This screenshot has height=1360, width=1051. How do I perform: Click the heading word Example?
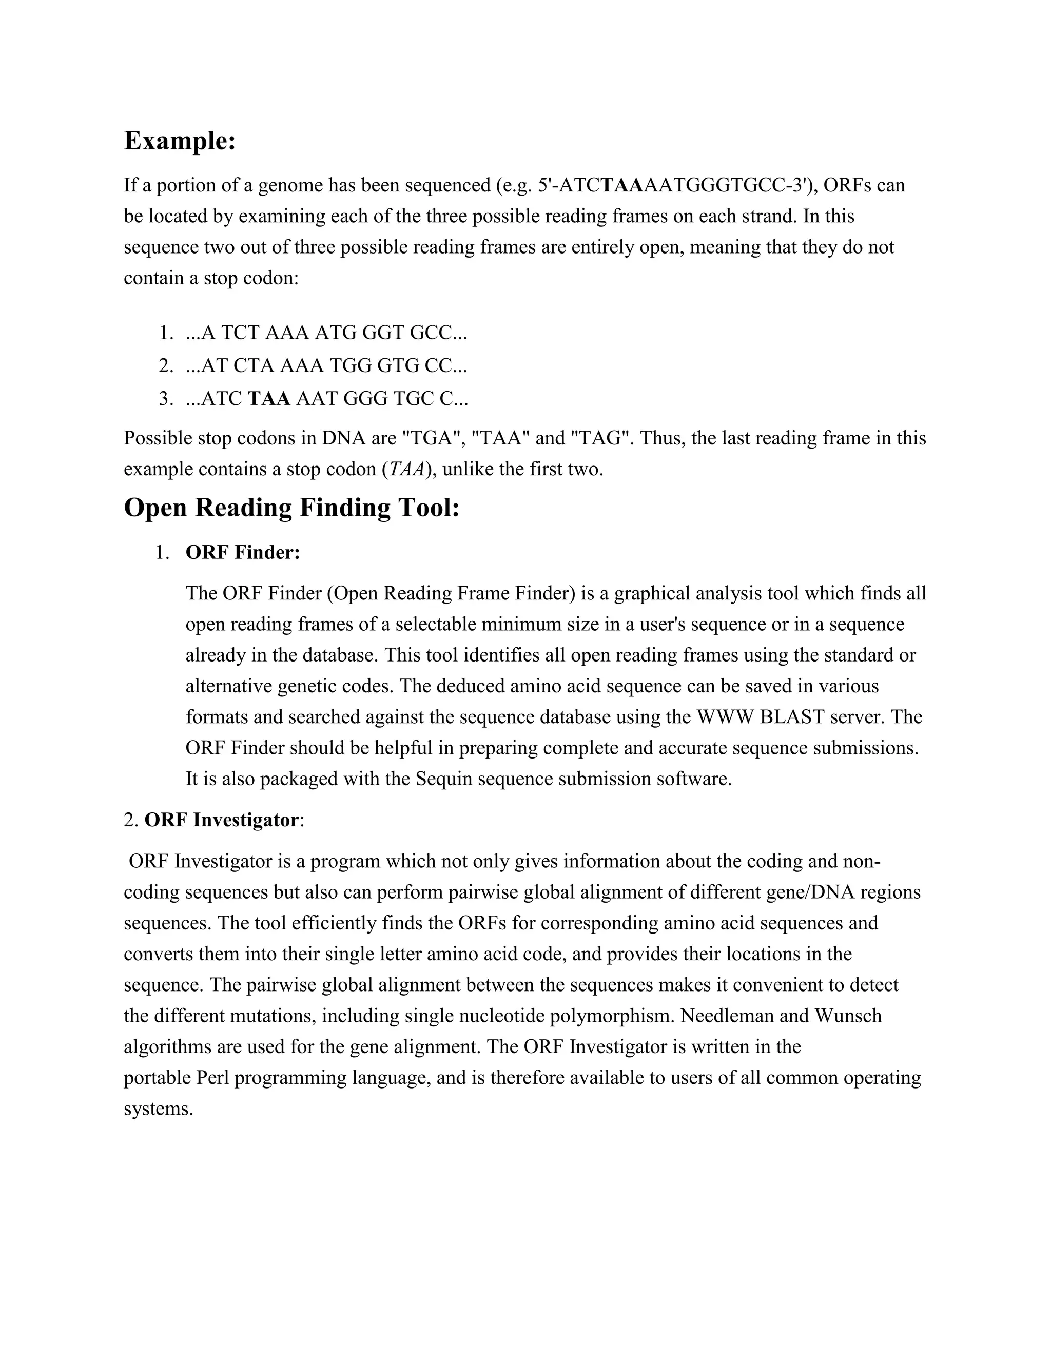(179, 141)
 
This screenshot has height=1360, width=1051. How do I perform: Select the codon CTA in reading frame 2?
(254, 365)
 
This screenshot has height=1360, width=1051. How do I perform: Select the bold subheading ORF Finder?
(243, 552)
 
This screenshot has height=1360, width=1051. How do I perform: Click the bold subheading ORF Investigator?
(222, 820)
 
